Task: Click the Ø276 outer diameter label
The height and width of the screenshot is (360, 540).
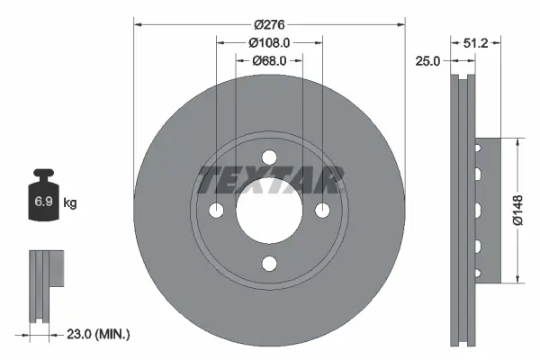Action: click(x=268, y=23)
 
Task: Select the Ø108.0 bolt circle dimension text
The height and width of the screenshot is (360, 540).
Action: click(x=268, y=41)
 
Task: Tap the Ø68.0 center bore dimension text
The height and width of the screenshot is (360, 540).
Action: click(x=268, y=60)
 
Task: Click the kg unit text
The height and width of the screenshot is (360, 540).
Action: click(x=70, y=203)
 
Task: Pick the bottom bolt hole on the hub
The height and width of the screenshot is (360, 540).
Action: click(x=268, y=263)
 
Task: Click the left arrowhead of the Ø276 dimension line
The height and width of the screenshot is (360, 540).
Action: click(x=138, y=23)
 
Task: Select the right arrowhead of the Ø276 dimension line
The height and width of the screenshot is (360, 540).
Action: click(x=399, y=23)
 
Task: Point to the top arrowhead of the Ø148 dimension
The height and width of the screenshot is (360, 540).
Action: click(x=519, y=142)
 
